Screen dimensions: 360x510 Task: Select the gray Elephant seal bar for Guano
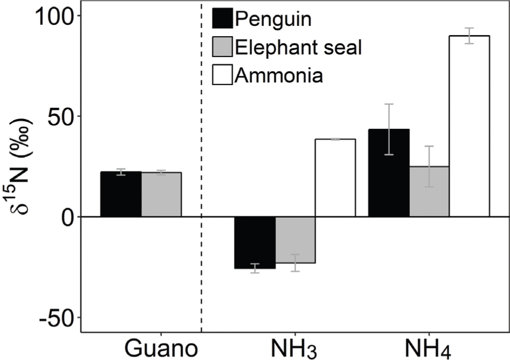pyautogui.click(x=162, y=195)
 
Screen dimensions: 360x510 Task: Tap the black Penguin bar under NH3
pyautogui.click(x=255, y=243)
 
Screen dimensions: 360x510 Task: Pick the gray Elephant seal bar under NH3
pyautogui.click(x=295, y=240)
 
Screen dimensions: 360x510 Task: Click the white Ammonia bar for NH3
pyautogui.click(x=335, y=178)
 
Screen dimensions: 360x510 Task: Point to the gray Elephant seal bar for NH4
pyautogui.click(x=429, y=191)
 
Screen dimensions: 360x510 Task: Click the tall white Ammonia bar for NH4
pyautogui.click(x=469, y=126)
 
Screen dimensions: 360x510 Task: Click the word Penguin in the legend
pyautogui.click(x=274, y=19)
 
